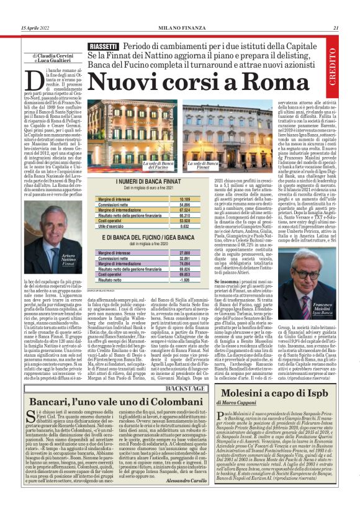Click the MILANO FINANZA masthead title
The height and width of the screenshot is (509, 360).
tap(180, 27)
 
